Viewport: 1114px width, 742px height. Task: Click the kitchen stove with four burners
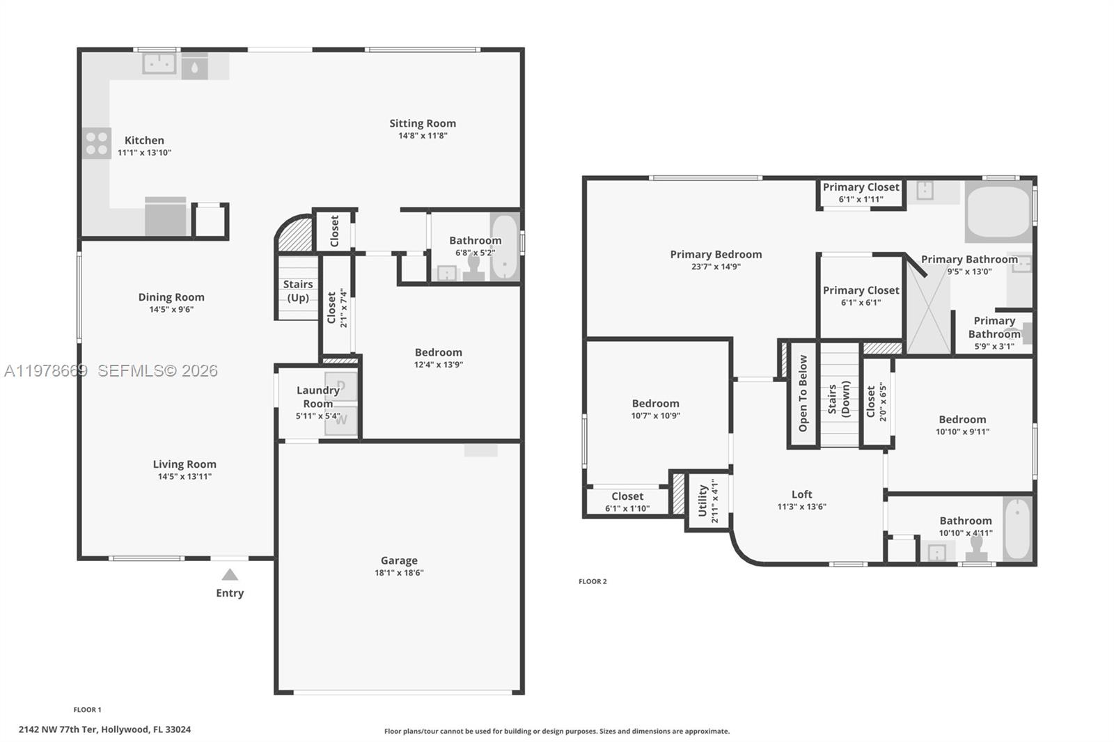(97, 143)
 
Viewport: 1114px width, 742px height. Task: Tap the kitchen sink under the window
(159, 63)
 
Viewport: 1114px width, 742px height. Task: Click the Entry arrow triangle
(230, 575)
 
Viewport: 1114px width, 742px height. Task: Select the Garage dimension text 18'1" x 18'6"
(399, 573)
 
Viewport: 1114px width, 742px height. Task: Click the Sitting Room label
(423, 123)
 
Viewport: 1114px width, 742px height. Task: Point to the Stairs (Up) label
(298, 291)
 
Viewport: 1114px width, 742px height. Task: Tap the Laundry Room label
(318, 397)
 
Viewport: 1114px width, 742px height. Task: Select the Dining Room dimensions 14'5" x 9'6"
(171, 309)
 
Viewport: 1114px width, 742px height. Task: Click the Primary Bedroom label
(716, 254)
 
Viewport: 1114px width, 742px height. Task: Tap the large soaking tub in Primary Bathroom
(998, 211)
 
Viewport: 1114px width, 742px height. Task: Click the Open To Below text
(803, 393)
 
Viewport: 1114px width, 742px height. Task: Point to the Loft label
(801, 494)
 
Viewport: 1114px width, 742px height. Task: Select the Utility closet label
(703, 501)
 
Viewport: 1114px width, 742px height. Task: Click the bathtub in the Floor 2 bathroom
(1018, 528)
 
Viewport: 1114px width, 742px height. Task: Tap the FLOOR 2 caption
(593, 581)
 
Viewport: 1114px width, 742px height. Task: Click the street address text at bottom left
(104, 729)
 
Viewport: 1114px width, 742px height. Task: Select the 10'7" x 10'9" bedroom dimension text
(655, 416)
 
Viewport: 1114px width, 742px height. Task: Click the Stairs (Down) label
(839, 399)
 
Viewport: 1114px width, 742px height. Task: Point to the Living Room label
(185, 464)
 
